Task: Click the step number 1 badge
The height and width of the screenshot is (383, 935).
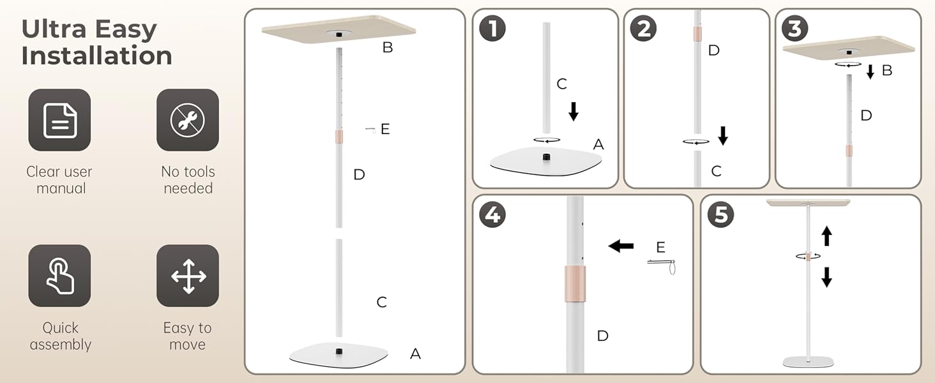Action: point(492,29)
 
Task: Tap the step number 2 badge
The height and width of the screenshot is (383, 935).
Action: point(643,29)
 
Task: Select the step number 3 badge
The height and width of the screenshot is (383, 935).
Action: point(794,29)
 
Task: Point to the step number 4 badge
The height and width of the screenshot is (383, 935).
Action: point(492,214)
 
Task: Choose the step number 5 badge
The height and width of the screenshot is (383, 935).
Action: point(720,214)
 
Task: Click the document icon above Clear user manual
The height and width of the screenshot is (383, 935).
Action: point(59,120)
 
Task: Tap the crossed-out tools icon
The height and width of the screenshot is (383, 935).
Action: point(188,120)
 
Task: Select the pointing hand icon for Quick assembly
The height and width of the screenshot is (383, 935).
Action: point(59,276)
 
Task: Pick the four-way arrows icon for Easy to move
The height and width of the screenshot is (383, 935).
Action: point(188,276)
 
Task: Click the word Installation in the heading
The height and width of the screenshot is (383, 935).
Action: point(96,56)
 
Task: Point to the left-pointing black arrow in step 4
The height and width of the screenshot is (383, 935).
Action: point(620,246)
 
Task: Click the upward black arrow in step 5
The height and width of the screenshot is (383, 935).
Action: point(826,236)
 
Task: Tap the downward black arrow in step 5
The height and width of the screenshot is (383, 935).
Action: point(826,277)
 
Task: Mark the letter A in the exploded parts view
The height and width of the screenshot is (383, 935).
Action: point(415,354)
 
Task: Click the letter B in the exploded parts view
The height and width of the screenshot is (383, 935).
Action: point(388,47)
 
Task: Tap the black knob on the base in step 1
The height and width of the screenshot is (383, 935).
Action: point(546,156)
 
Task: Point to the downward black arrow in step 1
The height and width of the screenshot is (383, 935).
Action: point(574,112)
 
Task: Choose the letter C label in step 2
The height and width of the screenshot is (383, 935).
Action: point(716,171)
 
